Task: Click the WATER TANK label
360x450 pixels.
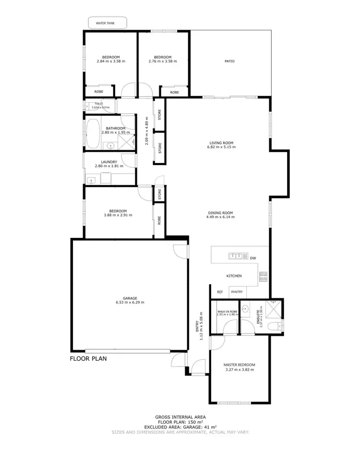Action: point(108,22)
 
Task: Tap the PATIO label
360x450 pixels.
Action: point(229,61)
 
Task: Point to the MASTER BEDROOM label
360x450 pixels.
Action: point(239,365)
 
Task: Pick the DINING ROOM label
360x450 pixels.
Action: point(220,213)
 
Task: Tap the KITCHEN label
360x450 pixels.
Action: point(234,276)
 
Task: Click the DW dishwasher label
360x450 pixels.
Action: point(253,258)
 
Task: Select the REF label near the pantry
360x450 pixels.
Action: point(220,292)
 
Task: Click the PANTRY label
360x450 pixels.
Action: point(237,292)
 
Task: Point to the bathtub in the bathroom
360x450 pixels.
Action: point(93,134)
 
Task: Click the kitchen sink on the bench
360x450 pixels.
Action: point(236,256)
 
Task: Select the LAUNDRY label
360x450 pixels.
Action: point(109,162)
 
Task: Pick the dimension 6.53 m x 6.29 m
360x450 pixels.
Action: point(130,302)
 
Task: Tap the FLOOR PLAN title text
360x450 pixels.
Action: point(88,358)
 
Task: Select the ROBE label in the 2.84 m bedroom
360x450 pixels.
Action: point(98,91)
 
